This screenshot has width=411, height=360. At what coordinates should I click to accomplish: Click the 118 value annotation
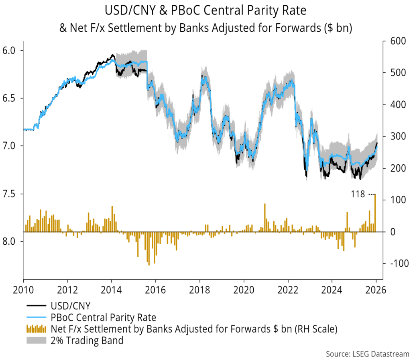click(x=357, y=194)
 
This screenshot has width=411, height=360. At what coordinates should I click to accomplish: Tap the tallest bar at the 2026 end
click(x=375, y=213)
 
